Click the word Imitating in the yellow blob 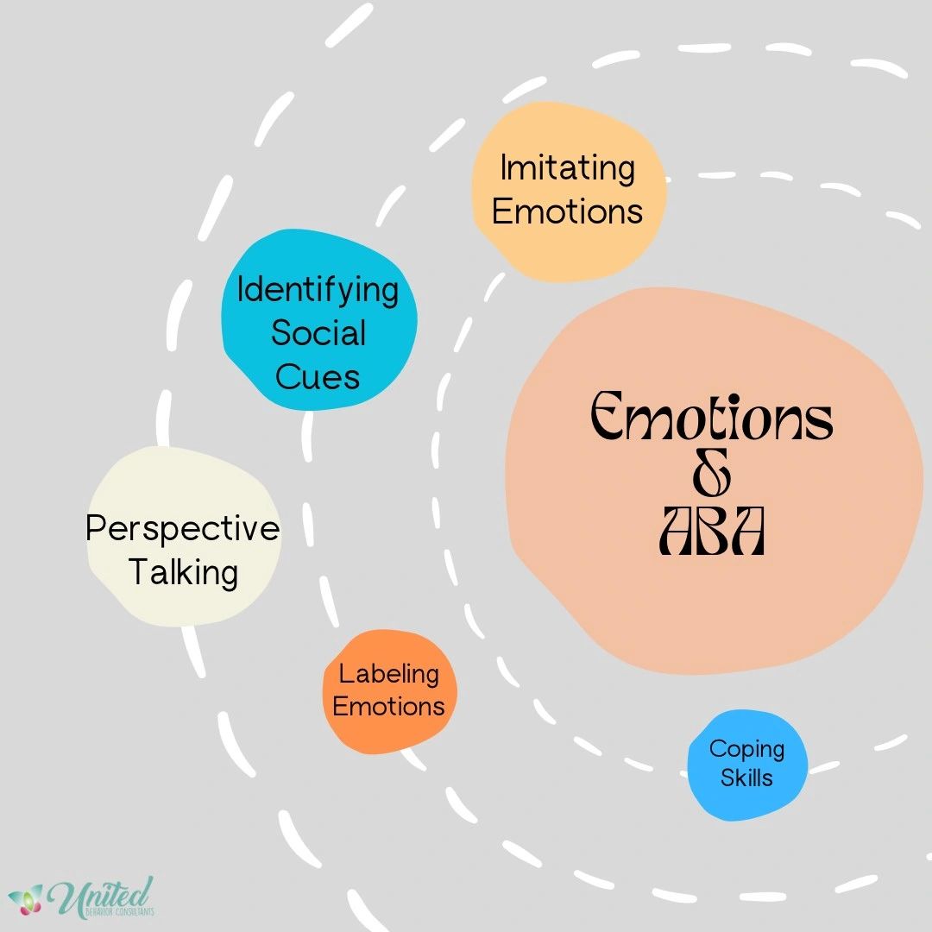coord(568,169)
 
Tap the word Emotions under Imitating coord(568,211)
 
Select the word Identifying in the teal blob coord(318,291)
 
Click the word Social coord(318,333)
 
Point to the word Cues coord(318,377)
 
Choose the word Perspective coord(183,528)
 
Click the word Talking coord(183,572)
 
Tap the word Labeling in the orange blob coord(388,675)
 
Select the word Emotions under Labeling coord(388,707)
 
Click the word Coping coord(746,750)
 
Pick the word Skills coord(746,778)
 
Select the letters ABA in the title coord(711,531)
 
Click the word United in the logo coord(101,896)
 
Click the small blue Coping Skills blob coord(747,765)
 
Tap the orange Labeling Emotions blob coord(389,691)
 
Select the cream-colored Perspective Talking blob coord(184,536)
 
